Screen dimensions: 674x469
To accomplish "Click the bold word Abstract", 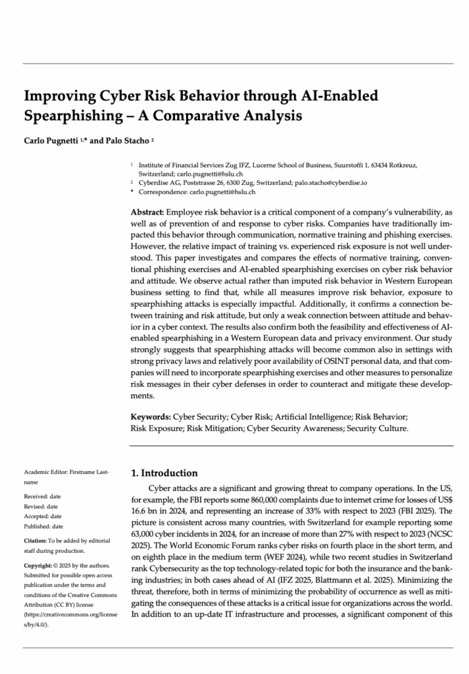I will pyautogui.click(x=148, y=213).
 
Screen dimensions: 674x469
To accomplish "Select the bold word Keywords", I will pyautogui.click(x=151, y=417).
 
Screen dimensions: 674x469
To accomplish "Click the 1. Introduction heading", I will pyautogui.click(x=164, y=473).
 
